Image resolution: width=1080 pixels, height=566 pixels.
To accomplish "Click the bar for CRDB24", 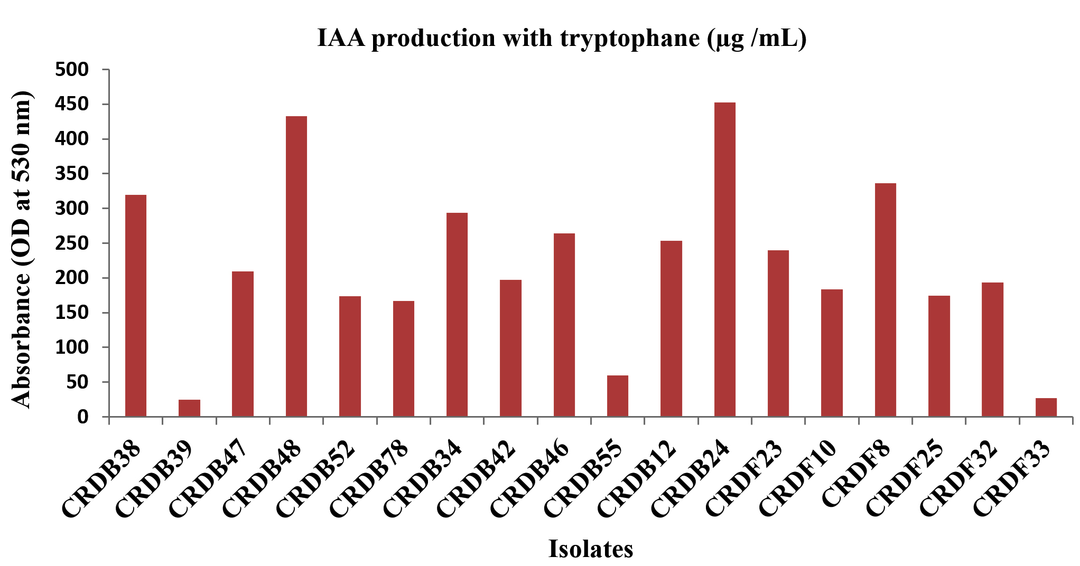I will point(724,259).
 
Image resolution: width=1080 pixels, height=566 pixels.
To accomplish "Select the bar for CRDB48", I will point(296,266).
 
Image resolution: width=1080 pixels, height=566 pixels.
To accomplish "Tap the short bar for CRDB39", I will point(189,408).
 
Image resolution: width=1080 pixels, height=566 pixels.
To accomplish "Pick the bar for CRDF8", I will point(885,300).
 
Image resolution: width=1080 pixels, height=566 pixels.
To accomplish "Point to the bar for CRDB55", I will point(618,396).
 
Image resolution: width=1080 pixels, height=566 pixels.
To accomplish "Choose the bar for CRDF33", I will point(1046,407).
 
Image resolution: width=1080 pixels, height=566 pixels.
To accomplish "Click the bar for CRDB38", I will point(136,306).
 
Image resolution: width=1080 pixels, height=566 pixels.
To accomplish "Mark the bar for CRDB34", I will point(457,315).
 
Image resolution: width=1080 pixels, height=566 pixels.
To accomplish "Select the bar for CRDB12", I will point(671,328).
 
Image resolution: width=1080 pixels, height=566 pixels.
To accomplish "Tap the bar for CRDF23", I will point(778,333).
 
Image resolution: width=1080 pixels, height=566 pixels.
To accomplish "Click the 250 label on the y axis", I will point(72,243).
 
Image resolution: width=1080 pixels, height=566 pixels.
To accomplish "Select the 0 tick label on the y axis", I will point(83,417).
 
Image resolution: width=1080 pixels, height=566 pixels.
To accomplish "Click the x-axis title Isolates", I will point(590,549).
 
